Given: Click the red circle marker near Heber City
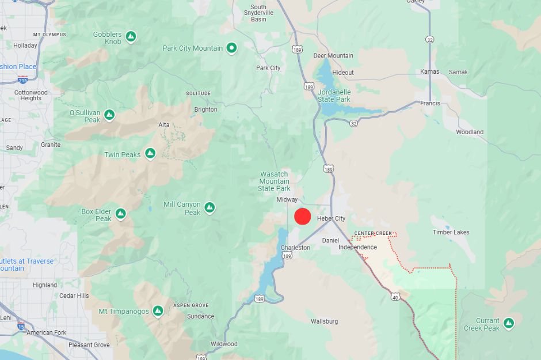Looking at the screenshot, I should tap(303, 217).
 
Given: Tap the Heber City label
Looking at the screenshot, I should tap(331, 219).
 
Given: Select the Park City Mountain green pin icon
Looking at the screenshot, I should tap(232, 48).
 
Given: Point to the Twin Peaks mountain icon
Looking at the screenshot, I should tap(150, 154).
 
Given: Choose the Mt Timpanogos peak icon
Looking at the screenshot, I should tap(158, 311).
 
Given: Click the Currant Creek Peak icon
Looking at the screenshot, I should tap(509, 323).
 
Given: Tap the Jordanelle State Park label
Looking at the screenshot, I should tap(334, 96).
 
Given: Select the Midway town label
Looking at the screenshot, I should tap(287, 200).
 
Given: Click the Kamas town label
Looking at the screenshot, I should tap(429, 72).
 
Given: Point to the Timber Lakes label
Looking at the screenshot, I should tap(451, 233).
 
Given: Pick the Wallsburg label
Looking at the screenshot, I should tap(324, 321).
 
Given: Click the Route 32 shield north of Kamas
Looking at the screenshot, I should tap(430, 39).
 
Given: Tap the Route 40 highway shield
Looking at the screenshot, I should tap(395, 297).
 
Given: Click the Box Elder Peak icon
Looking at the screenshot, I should tap(121, 214).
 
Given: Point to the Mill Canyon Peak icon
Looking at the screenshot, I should tap(209, 207).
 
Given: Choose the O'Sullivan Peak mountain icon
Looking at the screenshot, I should tap(109, 115).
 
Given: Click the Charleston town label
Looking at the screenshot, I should tap(295, 248).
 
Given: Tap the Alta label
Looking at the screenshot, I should tap(164, 125).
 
